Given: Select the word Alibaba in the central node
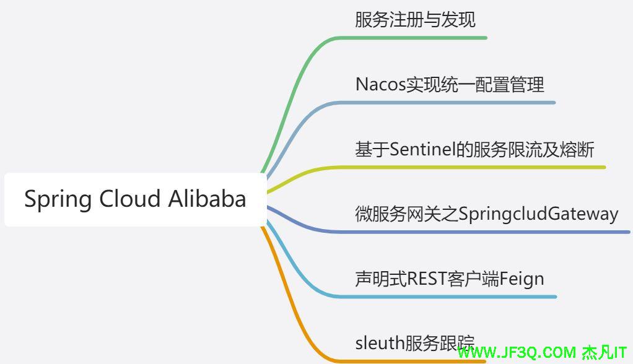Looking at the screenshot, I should tap(207, 199).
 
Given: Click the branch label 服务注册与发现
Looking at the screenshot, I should tap(415, 20).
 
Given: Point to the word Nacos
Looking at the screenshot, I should tap(380, 85).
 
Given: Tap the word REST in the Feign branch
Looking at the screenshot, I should tap(427, 279).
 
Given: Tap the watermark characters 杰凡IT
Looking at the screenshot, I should tap(604, 353).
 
